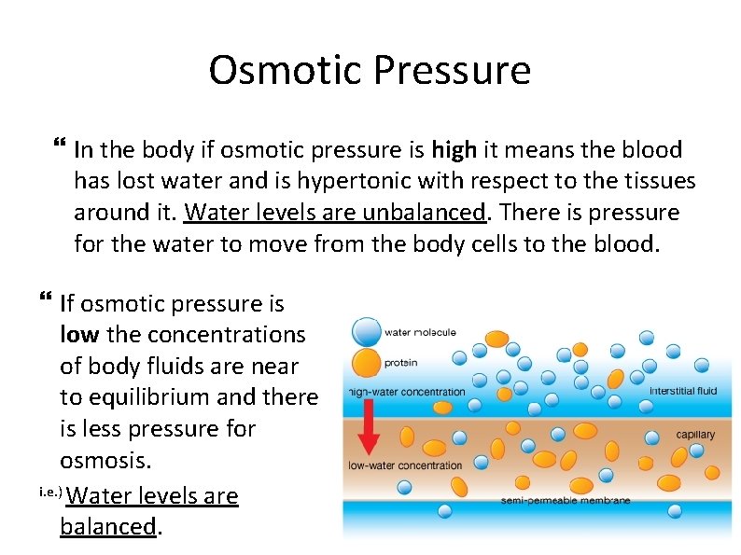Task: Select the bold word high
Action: (454, 149)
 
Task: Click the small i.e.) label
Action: (51, 492)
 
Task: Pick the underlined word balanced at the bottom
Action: (108, 526)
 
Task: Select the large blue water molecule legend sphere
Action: (367, 331)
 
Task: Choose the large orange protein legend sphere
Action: (367, 363)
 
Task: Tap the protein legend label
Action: (401, 364)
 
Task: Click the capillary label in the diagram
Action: (695, 435)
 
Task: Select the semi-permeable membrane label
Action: (566, 500)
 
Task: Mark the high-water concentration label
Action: (406, 392)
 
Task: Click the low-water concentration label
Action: (404, 465)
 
